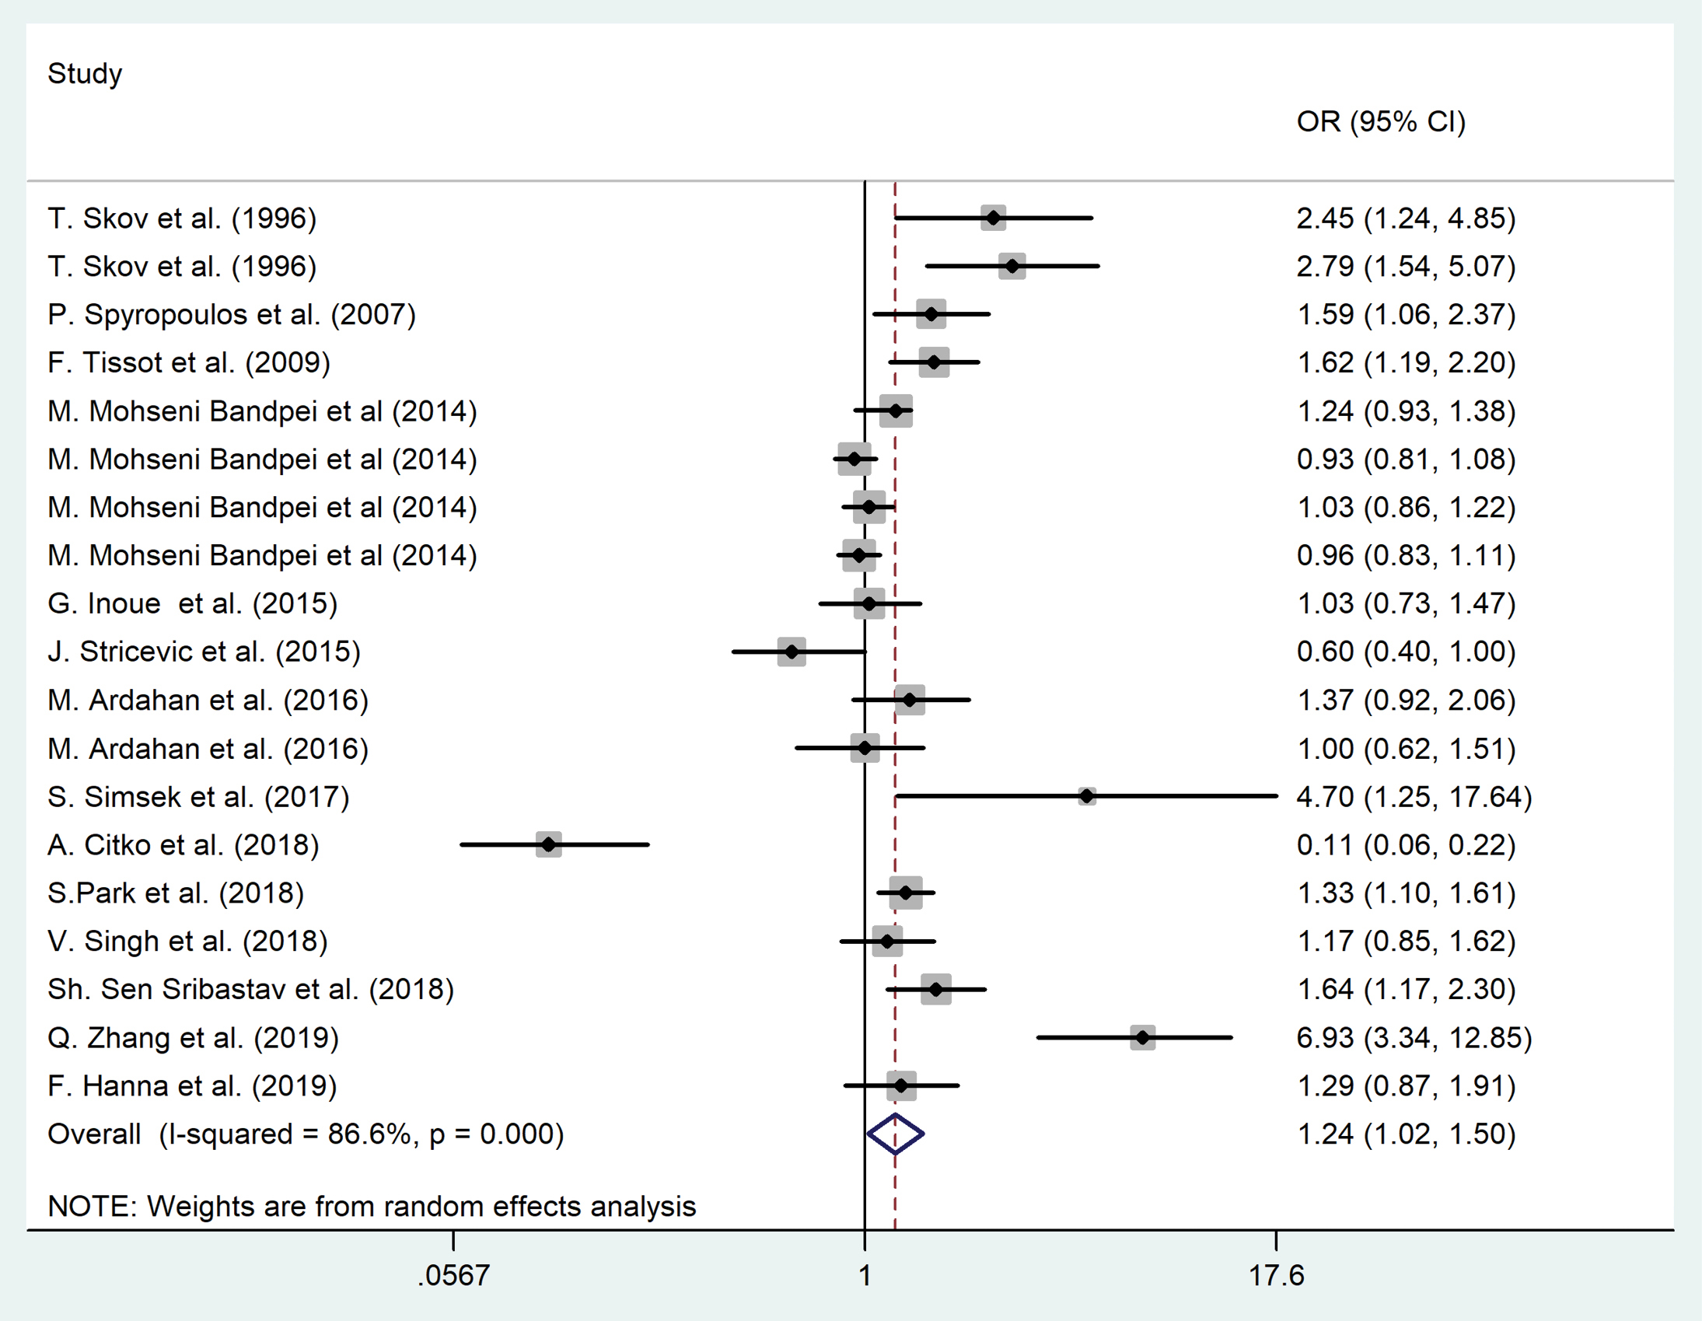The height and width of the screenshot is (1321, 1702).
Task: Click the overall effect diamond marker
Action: tap(896, 1134)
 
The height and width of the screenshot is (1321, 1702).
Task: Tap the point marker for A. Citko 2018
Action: tap(549, 844)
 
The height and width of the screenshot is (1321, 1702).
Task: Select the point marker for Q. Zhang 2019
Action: tap(1142, 1037)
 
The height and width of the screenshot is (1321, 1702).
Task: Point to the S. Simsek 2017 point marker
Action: tap(1086, 795)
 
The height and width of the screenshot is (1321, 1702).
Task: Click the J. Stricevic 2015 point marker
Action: tap(792, 652)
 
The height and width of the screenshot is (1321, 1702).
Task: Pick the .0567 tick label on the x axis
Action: tap(453, 1276)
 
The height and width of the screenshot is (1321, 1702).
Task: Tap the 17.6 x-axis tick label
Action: tap(1276, 1276)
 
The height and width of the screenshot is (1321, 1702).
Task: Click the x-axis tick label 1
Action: tap(865, 1276)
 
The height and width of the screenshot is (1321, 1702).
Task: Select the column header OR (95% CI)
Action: tap(1380, 121)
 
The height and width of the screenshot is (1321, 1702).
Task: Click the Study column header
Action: tap(85, 74)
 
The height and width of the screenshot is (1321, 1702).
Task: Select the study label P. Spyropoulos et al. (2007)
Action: tap(232, 315)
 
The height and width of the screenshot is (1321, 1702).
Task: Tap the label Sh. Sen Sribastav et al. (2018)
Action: tap(250, 989)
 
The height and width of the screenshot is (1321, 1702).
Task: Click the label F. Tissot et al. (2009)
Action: tap(189, 362)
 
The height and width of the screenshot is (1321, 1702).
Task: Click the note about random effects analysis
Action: tap(372, 1207)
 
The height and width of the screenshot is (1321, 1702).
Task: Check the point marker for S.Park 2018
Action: tap(906, 893)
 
